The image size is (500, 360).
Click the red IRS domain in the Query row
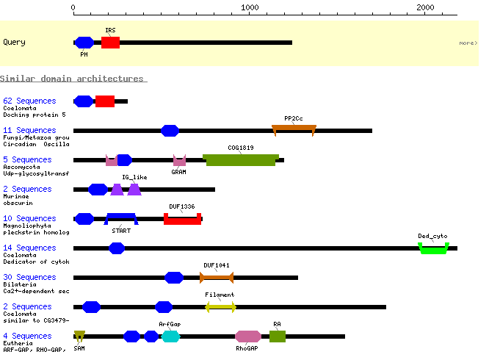[x=110, y=43]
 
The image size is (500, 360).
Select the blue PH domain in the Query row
[x=84, y=43]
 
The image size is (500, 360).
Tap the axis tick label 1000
[x=250, y=7]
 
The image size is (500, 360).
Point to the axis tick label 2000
[x=425, y=7]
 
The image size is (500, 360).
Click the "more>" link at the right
[x=468, y=43]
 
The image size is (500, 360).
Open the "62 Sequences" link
[x=29, y=101]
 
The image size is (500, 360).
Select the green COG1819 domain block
[x=241, y=160]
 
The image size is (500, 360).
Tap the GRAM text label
[x=178, y=172]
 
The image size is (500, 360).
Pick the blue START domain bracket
[x=121, y=216]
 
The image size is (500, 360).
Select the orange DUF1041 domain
[x=217, y=278]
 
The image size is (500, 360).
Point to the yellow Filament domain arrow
[x=220, y=307]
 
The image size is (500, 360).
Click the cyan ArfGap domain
[x=170, y=336]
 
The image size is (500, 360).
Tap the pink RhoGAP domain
[x=247, y=336]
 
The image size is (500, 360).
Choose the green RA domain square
[x=278, y=336]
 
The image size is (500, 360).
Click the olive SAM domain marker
[x=79, y=336]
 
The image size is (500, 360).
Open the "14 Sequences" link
[x=29, y=248]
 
